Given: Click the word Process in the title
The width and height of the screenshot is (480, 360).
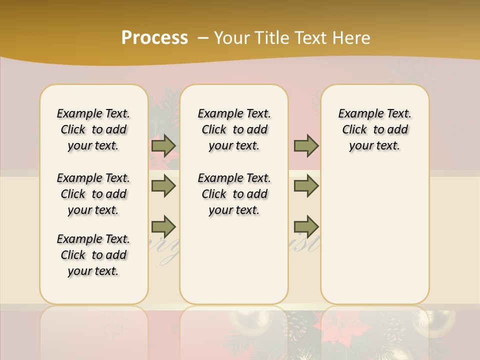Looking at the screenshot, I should pos(154,37).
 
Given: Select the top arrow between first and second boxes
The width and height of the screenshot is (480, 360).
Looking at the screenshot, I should pos(163,145).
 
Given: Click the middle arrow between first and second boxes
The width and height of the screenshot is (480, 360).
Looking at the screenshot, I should pos(163,186).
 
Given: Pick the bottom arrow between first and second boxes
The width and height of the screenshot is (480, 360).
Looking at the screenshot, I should pos(163,227).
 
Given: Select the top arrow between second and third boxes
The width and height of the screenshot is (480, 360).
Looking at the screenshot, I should pos(306,145).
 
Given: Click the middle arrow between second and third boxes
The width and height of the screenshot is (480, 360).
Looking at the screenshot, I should pos(306,186).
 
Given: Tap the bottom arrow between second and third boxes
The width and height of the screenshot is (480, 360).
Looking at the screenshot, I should pos(306,227).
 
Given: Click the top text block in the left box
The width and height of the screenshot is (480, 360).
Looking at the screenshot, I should pos(93,129).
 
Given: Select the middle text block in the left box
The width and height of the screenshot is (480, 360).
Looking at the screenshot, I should pos(93,194).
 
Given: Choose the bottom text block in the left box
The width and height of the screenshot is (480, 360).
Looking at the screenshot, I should pos(93,255).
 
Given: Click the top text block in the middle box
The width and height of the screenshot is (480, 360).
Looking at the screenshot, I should pos(234,129).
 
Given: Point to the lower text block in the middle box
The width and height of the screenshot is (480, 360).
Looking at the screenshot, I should pos(234,194).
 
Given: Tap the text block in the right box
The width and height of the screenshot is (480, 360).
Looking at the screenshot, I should pos(375,129).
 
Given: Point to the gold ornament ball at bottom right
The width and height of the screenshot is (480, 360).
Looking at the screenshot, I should pos(439,320).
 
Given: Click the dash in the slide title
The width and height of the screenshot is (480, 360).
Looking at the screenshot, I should pos(203,38).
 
